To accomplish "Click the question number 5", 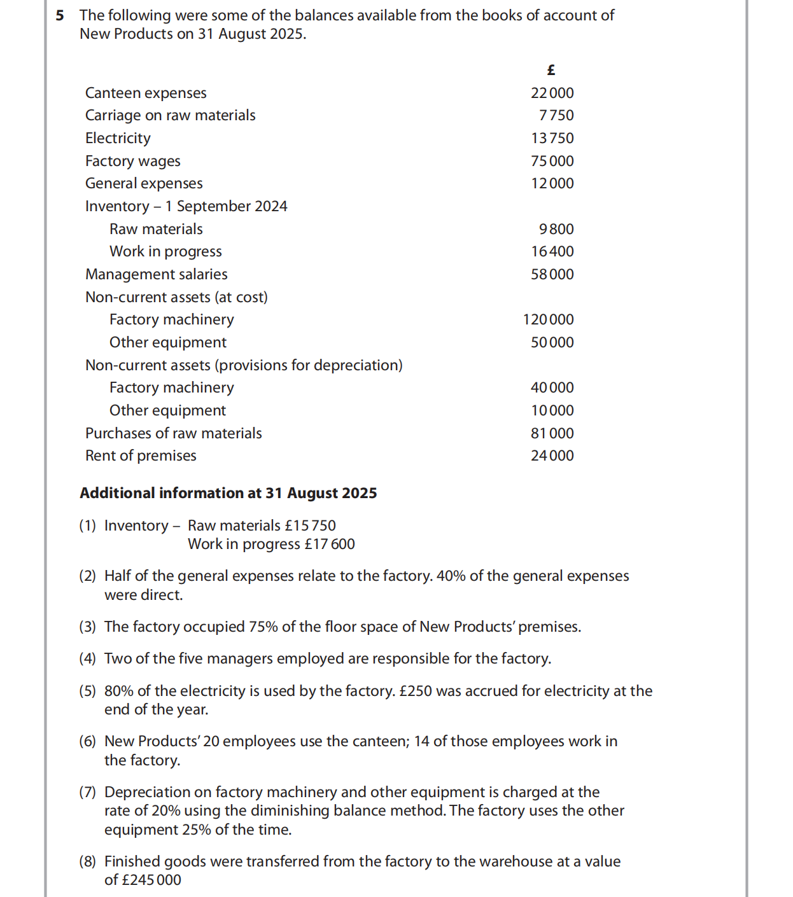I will click(60, 15).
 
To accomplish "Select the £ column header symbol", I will click(551, 70).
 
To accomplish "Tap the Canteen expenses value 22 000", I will click(552, 93).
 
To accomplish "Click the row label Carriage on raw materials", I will click(170, 115).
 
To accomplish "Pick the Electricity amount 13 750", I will click(552, 138).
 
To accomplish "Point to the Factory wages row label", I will click(132, 161).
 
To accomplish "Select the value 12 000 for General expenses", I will click(552, 183).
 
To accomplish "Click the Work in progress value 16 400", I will click(552, 251).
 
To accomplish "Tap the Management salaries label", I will click(156, 274).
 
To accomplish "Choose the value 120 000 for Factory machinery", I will click(548, 319).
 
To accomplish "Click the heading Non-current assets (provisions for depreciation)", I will click(244, 365).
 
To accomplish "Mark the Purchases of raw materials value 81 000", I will click(552, 433).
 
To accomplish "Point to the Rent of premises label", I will click(141, 455).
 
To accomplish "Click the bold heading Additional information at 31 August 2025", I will click(228, 493).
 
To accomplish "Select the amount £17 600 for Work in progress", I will click(330, 544).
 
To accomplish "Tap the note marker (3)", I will click(87, 627).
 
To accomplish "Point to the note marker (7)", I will click(87, 792).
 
